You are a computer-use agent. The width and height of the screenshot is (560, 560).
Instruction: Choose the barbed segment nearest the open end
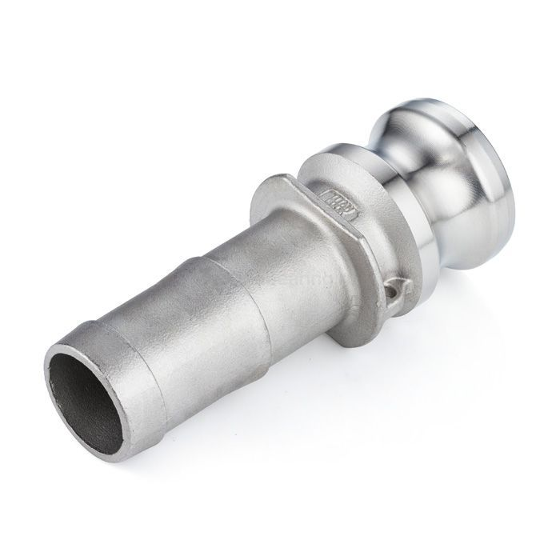pyautogui.click(x=120, y=352)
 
